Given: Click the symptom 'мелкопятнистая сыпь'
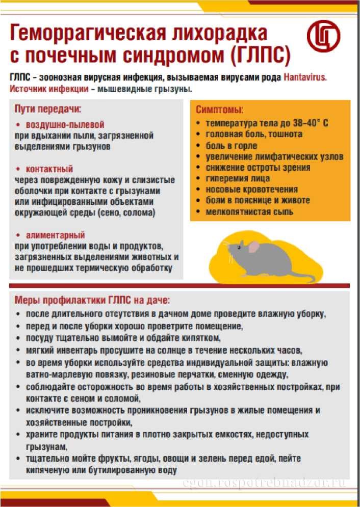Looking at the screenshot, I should pyautogui.click(x=249, y=211).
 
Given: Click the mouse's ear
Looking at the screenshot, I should pyautogui.click(x=253, y=248).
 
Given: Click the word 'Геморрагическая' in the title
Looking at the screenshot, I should pyautogui.click(x=85, y=34).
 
